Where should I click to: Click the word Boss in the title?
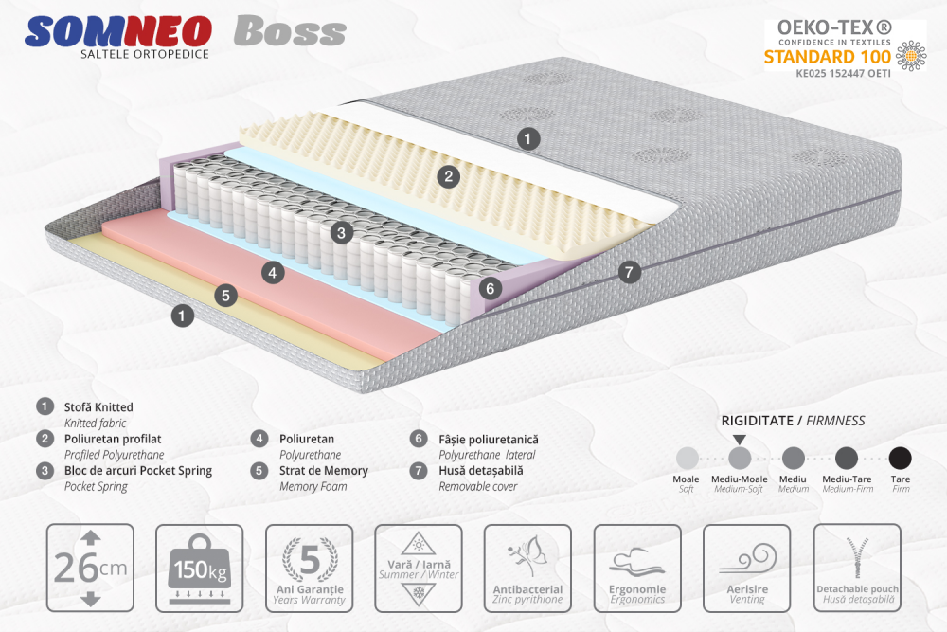pos(290,32)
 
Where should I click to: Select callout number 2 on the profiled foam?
pos(449,175)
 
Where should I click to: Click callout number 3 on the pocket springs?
pos(342,231)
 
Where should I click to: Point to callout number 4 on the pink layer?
pos(272,273)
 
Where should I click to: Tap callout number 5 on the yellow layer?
pos(224,295)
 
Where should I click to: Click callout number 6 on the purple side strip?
pos(490,287)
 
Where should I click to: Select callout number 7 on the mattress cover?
pos(628,272)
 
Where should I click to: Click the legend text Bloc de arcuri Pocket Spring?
pos(137,470)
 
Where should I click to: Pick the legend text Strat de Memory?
pos(323,470)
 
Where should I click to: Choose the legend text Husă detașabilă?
pos(480,470)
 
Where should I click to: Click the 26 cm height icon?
pos(90,568)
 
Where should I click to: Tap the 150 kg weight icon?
pos(200,568)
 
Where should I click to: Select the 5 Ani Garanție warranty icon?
pos(309,568)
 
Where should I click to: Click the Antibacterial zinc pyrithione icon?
pos(527,568)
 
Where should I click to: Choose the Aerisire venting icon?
pos(746,568)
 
